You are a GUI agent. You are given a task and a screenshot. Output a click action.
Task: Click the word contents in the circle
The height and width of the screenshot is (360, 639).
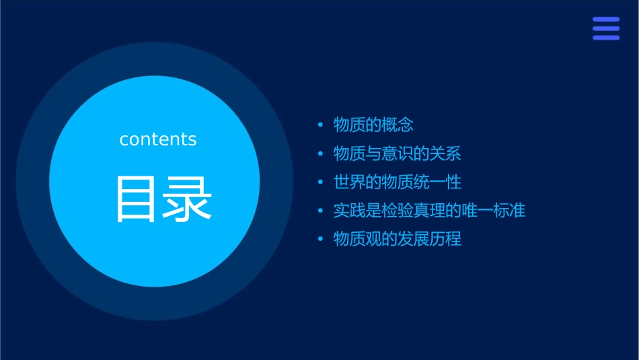[158, 139]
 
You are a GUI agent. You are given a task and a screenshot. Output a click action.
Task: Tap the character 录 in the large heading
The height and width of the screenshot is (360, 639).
[185, 199]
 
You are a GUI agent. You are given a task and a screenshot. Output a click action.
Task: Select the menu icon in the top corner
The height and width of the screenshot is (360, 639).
[606, 28]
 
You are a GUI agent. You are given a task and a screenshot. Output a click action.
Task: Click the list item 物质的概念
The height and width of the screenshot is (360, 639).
[373, 124]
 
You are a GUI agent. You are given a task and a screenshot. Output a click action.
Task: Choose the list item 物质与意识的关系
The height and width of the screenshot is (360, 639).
[398, 153]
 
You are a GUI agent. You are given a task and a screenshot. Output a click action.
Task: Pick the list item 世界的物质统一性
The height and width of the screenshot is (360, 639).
[398, 182]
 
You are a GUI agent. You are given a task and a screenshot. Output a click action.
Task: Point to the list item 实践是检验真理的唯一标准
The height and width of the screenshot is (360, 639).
[429, 211]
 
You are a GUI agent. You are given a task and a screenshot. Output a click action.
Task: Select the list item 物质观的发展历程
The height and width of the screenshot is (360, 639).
[398, 239]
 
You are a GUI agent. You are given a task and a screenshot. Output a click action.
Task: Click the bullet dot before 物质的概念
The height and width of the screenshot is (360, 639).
[320, 125]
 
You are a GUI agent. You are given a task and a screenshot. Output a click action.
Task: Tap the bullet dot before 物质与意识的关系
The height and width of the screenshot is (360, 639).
[320, 154]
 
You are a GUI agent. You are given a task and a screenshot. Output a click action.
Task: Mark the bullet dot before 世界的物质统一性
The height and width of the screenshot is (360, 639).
[320, 182]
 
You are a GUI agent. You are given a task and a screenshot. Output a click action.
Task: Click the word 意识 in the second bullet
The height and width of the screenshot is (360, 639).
[398, 153]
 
